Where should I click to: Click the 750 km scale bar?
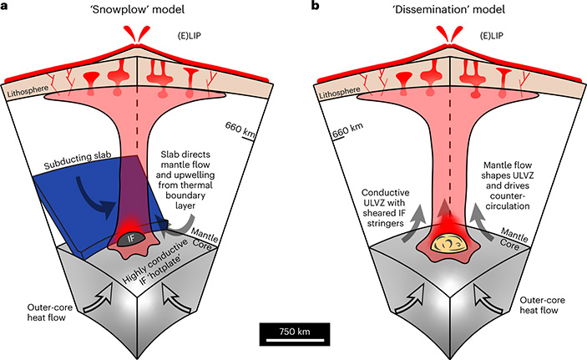[293, 332]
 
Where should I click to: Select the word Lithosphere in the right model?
[337, 97]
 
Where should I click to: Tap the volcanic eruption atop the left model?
[130, 35]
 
